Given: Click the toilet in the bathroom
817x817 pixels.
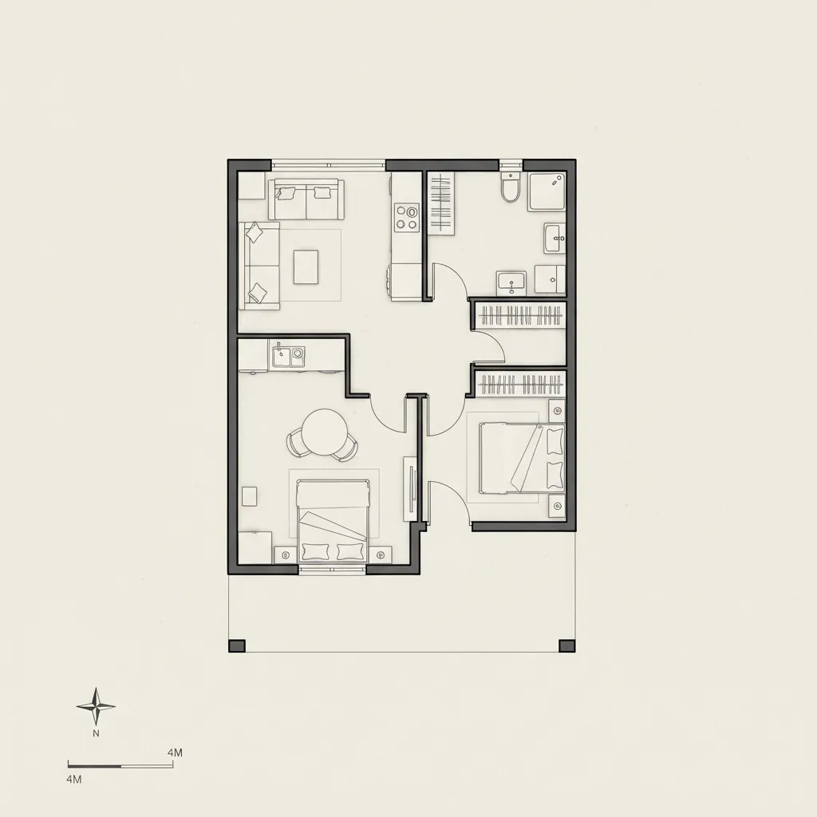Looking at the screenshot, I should click(x=510, y=189).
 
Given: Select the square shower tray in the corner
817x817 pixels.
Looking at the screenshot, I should click(x=547, y=191).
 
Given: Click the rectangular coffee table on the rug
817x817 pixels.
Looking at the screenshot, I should click(x=306, y=266).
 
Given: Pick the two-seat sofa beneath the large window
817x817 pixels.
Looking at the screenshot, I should click(x=306, y=199).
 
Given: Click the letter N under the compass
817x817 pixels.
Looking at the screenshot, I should click(x=96, y=732).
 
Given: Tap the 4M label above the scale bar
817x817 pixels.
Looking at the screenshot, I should click(x=176, y=752).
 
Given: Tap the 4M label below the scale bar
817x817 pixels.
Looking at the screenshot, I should click(x=74, y=778).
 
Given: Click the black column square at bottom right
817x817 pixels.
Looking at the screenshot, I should click(x=566, y=645).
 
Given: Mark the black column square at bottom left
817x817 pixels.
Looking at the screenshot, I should click(x=237, y=645).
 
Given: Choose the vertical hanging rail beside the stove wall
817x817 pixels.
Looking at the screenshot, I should click(x=440, y=203).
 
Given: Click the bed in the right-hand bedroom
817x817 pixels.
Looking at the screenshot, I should click(x=522, y=458).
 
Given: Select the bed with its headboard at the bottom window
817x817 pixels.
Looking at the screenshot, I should click(x=333, y=520).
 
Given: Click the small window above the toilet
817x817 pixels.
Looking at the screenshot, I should click(x=510, y=165).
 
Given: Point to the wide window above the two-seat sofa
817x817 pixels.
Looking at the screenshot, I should click(x=329, y=165).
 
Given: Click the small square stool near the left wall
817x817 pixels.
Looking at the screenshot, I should click(x=250, y=495).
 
